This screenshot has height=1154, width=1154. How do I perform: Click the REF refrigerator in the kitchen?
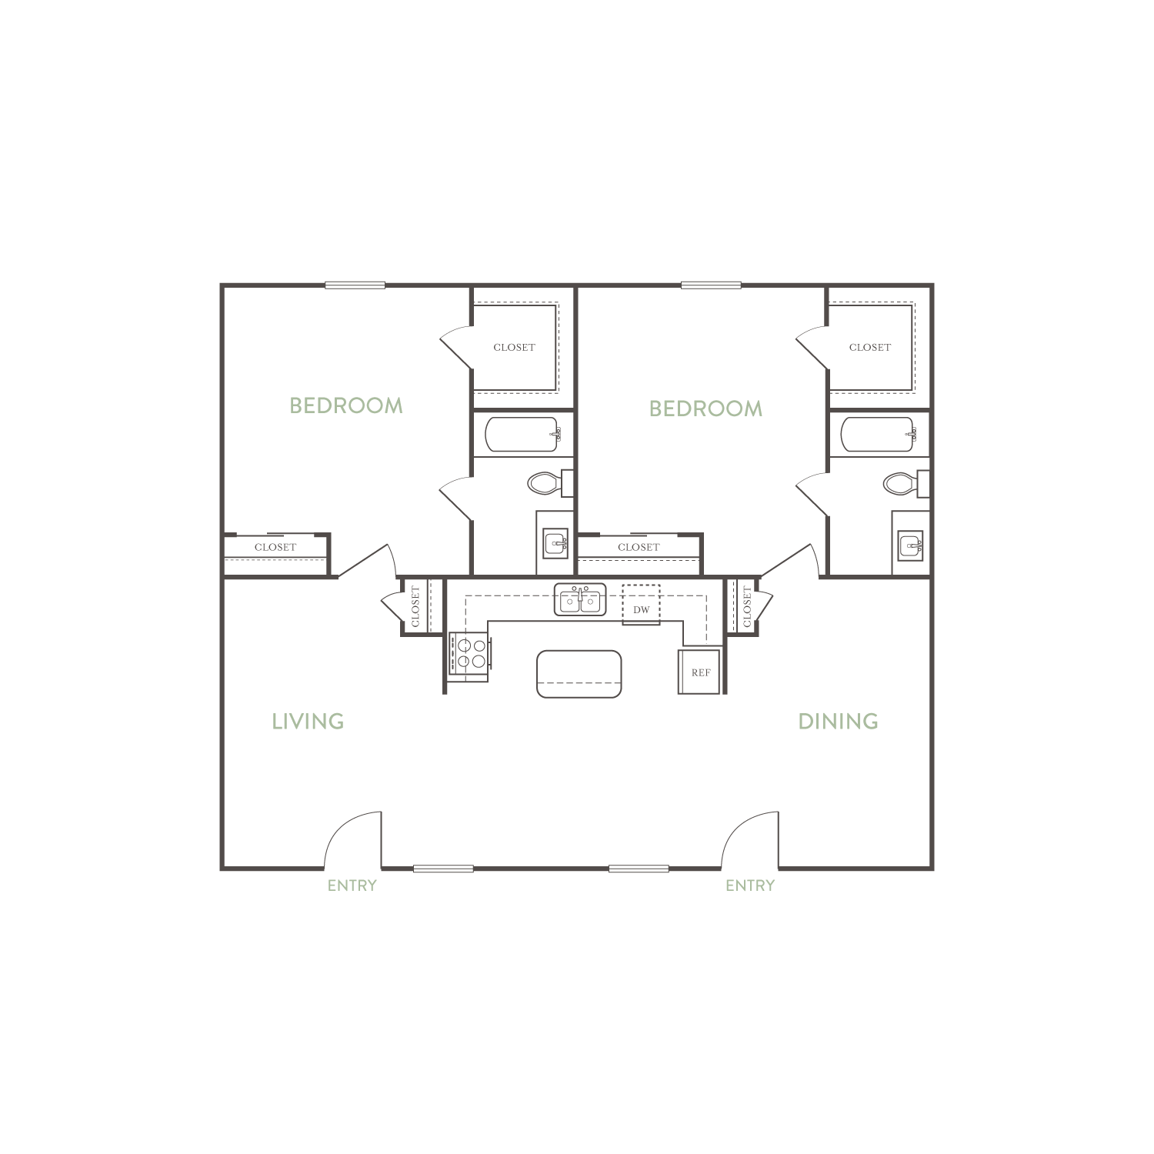click(699, 672)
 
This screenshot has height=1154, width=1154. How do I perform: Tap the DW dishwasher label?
click(642, 610)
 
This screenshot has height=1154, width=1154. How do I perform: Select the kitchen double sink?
click(580, 600)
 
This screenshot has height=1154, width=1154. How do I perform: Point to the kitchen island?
click(579, 674)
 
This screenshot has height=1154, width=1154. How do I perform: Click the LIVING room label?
click(308, 722)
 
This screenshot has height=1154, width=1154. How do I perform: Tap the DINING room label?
click(838, 722)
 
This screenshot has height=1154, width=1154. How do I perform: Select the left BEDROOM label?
click(346, 405)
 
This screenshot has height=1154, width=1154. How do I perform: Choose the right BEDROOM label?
click(705, 409)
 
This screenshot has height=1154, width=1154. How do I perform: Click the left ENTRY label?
click(352, 886)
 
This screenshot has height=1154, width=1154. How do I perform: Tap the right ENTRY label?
click(750, 886)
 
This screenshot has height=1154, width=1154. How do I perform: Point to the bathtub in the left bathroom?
click(522, 435)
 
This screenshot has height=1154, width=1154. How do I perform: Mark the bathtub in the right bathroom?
click(877, 435)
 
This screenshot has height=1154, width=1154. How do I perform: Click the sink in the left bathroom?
click(555, 543)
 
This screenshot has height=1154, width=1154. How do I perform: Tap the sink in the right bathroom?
click(911, 545)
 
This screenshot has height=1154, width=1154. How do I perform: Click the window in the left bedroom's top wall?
click(355, 285)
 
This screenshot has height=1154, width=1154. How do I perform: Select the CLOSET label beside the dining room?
click(746, 606)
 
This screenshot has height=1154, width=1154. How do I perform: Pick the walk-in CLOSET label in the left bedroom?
click(514, 348)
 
